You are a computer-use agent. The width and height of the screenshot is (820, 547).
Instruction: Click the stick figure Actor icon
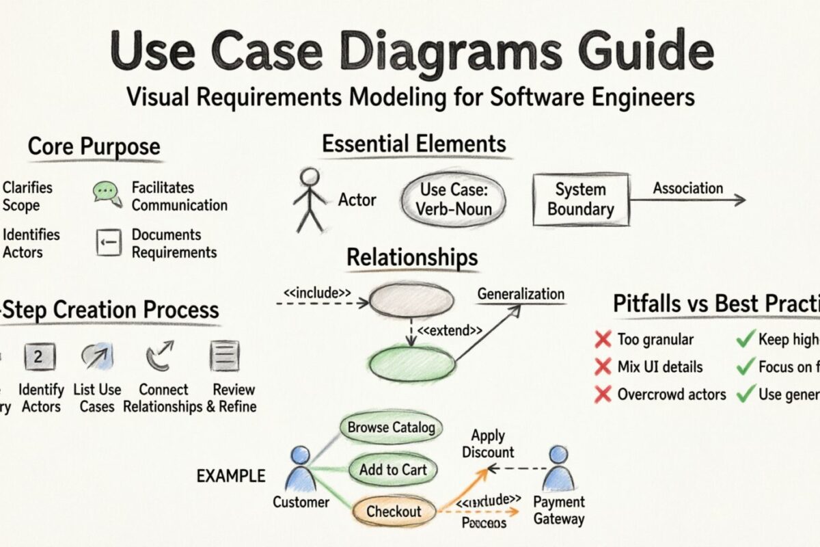click(x=311, y=200)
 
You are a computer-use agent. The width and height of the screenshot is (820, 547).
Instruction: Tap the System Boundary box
click(x=580, y=200)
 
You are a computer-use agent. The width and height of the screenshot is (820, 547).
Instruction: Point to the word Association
click(x=687, y=188)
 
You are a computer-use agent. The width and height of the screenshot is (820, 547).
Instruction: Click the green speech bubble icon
click(x=106, y=194)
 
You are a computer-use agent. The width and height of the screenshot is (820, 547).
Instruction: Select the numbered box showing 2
click(x=39, y=357)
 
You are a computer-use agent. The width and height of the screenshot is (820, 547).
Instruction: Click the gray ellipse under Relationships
click(x=411, y=301)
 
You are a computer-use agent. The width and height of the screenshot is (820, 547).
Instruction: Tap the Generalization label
click(x=521, y=295)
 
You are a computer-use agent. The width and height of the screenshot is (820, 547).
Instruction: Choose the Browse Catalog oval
click(x=391, y=429)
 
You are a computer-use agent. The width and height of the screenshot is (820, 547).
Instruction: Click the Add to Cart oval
click(x=393, y=470)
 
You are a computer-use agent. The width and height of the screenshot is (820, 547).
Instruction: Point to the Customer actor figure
click(x=299, y=472)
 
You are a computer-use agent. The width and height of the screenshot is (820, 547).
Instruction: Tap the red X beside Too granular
click(x=602, y=339)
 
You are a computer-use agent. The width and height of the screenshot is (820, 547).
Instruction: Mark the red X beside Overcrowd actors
click(x=602, y=394)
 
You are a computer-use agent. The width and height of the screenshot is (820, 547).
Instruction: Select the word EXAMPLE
click(x=230, y=476)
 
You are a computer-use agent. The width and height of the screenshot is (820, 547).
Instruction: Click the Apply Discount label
click(x=488, y=444)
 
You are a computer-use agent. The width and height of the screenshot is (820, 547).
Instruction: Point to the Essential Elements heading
click(x=414, y=144)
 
